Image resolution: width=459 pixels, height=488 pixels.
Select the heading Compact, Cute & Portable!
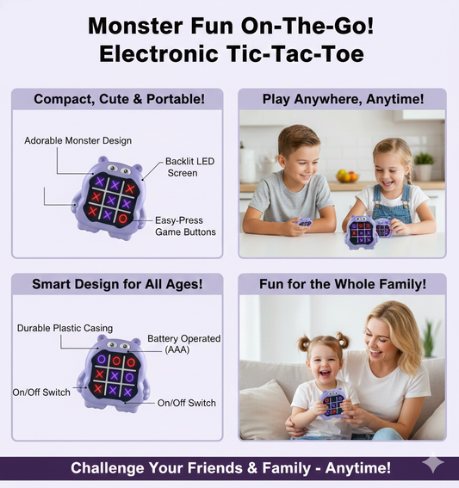pyautogui.click(x=119, y=99)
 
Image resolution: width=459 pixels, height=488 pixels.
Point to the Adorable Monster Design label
pyautogui.click(x=78, y=140)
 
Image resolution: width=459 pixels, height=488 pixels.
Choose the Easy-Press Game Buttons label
pyautogui.click(x=185, y=225)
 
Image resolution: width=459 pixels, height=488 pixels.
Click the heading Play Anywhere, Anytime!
pyautogui.click(x=342, y=99)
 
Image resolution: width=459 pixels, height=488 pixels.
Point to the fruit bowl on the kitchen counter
pyautogui.click(x=347, y=175)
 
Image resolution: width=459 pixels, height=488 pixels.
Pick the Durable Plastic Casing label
pyautogui.click(x=64, y=328)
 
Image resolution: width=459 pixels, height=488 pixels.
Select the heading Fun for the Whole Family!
pyautogui.click(x=342, y=283)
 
